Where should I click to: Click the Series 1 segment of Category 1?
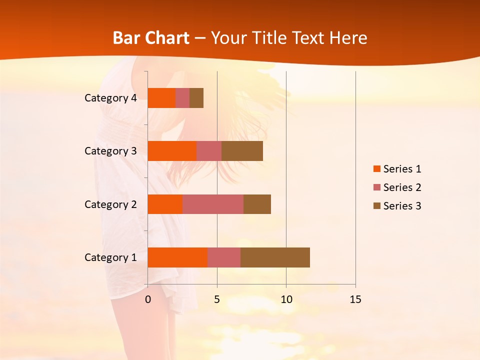(177, 257)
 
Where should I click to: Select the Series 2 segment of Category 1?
(224, 257)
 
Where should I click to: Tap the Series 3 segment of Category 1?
(275, 257)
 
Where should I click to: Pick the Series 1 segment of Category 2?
(165, 204)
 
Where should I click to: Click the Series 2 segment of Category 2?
(213, 204)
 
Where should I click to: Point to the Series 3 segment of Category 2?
(257, 204)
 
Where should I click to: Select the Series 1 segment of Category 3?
(172, 151)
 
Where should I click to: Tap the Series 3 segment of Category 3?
(242, 151)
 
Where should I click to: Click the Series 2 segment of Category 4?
(182, 98)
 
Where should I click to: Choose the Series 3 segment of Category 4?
(196, 98)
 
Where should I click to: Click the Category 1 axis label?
(110, 257)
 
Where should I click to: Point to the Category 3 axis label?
(110, 151)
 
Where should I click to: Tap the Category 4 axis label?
(110, 98)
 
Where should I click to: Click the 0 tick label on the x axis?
(148, 299)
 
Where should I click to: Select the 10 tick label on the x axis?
(286, 299)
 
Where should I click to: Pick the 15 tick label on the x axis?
(355, 299)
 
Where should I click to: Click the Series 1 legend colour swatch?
(376, 169)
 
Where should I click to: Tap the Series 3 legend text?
(402, 206)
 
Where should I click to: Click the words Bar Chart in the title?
(151, 37)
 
